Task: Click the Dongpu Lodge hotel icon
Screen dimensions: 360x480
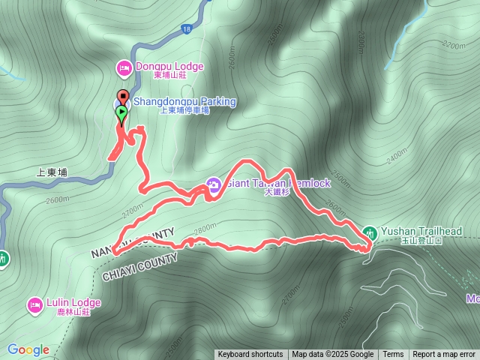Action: pyautogui.click(x=124, y=68)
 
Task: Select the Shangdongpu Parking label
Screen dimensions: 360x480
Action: pyautogui.click(x=184, y=102)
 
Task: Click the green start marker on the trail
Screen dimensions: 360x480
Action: pyautogui.click(x=121, y=113)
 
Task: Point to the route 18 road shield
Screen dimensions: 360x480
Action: pyautogui.click(x=185, y=29)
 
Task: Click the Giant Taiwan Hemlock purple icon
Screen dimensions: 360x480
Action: pyautogui.click(x=213, y=184)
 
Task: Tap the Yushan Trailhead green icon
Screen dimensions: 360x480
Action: pyautogui.click(x=369, y=232)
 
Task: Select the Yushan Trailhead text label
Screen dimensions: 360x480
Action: pyautogui.click(x=420, y=231)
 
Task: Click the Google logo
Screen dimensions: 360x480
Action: pyautogui.click(x=28, y=349)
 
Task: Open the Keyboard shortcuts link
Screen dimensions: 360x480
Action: pyautogui.click(x=250, y=355)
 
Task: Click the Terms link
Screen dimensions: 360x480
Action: pyautogui.click(x=393, y=355)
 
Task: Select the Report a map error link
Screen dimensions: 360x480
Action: pyautogui.click(x=444, y=355)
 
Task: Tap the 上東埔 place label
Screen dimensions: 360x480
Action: pyautogui.click(x=52, y=172)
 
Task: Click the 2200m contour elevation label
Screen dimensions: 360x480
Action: pyautogui.click(x=454, y=45)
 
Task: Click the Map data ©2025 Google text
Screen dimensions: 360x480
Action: pyautogui.click(x=332, y=355)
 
